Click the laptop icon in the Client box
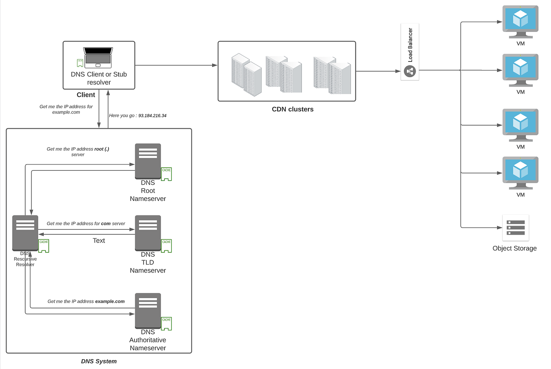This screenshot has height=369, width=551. click(98, 57)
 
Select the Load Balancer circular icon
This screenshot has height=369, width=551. click(410, 71)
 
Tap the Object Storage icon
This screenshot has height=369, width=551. click(516, 228)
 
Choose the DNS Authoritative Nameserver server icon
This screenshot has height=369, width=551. click(148, 311)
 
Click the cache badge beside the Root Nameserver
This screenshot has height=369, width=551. click(166, 174)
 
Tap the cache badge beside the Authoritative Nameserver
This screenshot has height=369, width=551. click(166, 323)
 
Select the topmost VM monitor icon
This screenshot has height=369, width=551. click(520, 21)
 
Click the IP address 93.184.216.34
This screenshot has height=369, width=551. click(152, 116)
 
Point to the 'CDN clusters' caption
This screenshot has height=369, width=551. click(292, 109)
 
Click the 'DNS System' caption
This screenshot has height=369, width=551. click(99, 361)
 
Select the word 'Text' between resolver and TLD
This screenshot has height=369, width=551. click(99, 241)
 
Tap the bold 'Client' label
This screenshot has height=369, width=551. click(86, 95)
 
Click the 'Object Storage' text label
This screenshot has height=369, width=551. click(514, 248)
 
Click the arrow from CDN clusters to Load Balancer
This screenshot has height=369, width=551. click(378, 71)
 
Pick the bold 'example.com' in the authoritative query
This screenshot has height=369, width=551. click(110, 302)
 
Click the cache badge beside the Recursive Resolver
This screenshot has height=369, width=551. click(44, 246)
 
